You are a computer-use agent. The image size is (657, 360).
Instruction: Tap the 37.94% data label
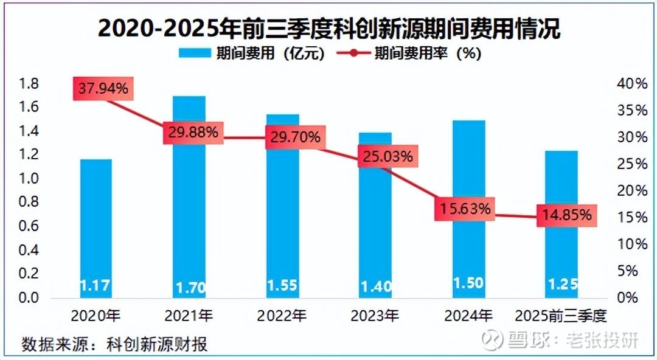click(x=102, y=89)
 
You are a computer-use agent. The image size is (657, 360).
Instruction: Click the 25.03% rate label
click(x=388, y=156)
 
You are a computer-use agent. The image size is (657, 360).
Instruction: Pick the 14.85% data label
click(x=566, y=215)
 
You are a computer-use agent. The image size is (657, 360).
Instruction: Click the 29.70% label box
click(x=294, y=137)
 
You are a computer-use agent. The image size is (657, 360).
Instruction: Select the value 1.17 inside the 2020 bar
click(x=96, y=284)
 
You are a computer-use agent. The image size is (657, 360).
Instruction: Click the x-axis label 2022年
click(x=282, y=316)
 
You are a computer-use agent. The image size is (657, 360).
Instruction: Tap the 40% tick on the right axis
click(x=633, y=84)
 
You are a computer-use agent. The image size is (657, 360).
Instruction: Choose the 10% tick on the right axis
click(x=633, y=244)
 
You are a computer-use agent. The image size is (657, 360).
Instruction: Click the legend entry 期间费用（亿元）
click(x=252, y=53)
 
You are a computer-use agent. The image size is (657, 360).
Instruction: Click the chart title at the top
click(x=328, y=29)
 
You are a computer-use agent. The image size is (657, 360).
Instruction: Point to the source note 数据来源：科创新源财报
click(x=115, y=344)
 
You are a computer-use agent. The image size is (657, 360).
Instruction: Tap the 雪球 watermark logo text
click(x=523, y=341)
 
